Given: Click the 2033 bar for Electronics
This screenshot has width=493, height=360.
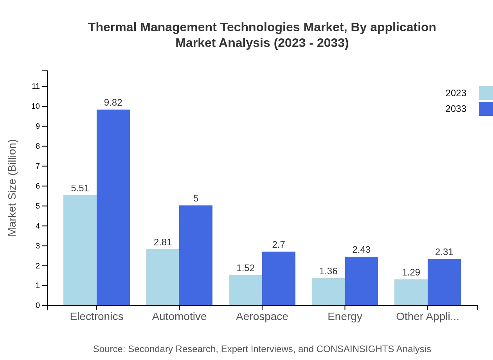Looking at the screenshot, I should (x=113, y=207).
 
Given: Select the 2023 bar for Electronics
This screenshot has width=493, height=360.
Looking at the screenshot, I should (x=80, y=250).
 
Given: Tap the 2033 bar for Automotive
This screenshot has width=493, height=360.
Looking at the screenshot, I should (x=196, y=255).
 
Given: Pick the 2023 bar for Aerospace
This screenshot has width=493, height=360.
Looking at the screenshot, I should (x=245, y=290).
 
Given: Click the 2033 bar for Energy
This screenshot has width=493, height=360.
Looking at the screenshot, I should (x=361, y=281).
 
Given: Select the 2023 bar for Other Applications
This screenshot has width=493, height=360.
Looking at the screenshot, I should (x=411, y=292).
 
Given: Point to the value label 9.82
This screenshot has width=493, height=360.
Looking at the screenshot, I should (x=113, y=103).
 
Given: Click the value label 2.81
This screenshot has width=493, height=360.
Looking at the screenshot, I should (x=163, y=242).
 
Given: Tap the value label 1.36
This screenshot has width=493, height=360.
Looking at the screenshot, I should (x=328, y=271).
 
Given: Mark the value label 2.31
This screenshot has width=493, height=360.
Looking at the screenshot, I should (x=444, y=252).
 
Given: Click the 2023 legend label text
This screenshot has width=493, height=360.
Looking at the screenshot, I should (x=456, y=93).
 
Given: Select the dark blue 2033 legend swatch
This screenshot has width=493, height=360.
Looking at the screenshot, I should (x=486, y=109).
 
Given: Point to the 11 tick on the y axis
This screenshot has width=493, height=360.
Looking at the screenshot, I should (x=36, y=86).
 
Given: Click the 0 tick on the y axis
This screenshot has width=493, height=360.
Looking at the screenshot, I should (x=38, y=306).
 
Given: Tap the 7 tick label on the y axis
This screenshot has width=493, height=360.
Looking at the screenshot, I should (x=38, y=166).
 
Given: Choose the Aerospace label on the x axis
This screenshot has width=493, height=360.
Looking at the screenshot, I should (x=262, y=317).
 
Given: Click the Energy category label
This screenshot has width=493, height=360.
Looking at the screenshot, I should (x=345, y=317).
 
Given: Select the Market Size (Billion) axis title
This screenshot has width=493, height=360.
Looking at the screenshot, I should (x=13, y=188).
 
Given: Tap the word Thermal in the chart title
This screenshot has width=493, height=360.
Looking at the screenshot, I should (x=112, y=27).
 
